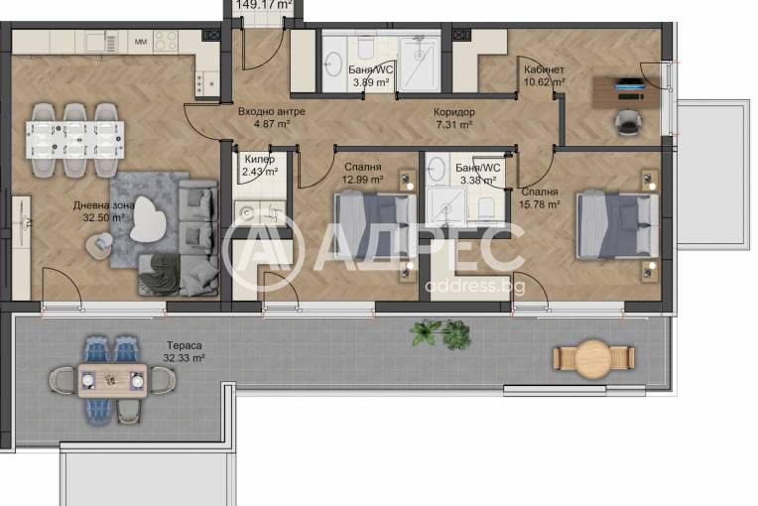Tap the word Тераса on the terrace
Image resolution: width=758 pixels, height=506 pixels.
(x=185, y=345)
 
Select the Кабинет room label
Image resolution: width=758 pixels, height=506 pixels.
(x=544, y=69)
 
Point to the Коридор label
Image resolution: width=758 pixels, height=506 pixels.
(x=454, y=112)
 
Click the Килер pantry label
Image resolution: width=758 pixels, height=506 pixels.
(x=260, y=159)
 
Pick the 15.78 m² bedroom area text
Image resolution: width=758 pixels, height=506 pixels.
(x=540, y=204)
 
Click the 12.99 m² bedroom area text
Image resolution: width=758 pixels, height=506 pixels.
(x=362, y=180)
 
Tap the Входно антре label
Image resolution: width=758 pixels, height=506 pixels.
(x=272, y=111)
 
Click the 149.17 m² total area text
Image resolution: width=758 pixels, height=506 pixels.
(x=264, y=5)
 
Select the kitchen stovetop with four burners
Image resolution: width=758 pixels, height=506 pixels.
(x=166, y=41)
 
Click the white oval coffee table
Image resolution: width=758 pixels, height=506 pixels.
(x=148, y=219)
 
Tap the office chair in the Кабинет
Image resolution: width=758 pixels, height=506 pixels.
(x=628, y=122)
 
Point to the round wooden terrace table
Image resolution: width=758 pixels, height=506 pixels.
(x=593, y=358)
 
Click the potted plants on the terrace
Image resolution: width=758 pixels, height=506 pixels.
(x=441, y=332)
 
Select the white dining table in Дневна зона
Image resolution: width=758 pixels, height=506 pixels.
(x=75, y=140)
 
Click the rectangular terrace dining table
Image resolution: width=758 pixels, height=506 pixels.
(x=113, y=381)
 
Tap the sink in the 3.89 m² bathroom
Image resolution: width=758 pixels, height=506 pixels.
(x=333, y=63)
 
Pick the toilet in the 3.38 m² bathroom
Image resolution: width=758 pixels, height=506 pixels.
(x=485, y=207)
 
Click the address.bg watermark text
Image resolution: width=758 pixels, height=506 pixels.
(x=474, y=286)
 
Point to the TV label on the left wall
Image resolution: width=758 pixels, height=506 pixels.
(x=29, y=222)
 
